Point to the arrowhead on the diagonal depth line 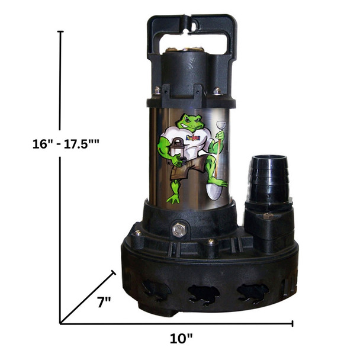(x=112, y=274)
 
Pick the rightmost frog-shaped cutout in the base (x=252, y=292)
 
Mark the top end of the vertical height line (x=60, y=32)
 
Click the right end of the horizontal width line (x=293, y=323)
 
